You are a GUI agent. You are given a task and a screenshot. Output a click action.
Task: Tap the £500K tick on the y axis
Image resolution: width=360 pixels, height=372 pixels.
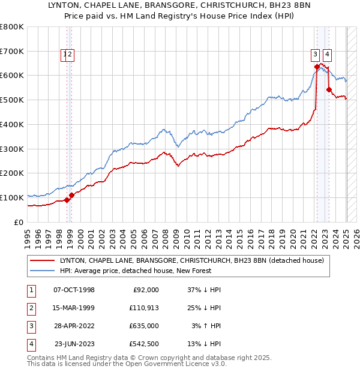point(12,100)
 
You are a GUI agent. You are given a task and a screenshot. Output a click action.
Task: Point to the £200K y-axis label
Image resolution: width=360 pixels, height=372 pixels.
point(12,173)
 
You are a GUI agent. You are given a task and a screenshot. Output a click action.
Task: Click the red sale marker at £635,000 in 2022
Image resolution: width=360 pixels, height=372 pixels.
point(317,67)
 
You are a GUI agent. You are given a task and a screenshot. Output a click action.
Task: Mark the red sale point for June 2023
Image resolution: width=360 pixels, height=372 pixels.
point(329,89)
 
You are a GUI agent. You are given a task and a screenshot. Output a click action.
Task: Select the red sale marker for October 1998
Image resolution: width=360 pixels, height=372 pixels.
point(67,200)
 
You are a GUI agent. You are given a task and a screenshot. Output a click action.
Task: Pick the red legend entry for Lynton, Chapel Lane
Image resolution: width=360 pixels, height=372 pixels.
point(191,260)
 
